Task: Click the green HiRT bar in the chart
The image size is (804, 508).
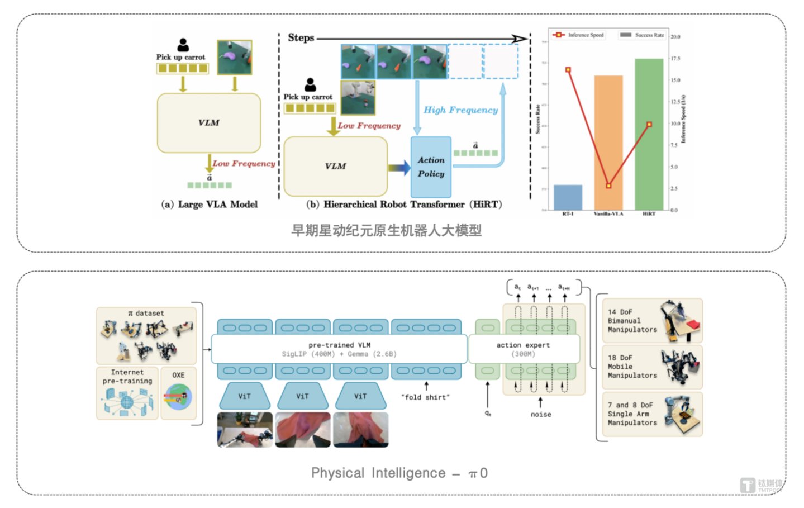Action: (x=649, y=134)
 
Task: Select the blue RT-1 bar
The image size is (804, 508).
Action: (x=568, y=197)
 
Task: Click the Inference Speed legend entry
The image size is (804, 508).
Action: (x=579, y=35)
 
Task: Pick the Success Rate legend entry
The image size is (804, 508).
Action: (x=643, y=35)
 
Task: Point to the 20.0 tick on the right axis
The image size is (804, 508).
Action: (x=675, y=37)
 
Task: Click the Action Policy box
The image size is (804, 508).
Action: (x=431, y=167)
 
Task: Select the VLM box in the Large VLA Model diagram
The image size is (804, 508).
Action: (x=209, y=123)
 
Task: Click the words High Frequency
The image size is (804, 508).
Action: (x=460, y=110)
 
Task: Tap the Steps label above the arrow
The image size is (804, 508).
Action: (x=301, y=38)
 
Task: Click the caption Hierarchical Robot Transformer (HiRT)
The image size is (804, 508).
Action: (x=404, y=205)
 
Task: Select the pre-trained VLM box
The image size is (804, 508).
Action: (x=339, y=349)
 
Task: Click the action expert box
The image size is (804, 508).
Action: (x=524, y=349)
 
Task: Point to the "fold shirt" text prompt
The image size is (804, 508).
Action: (x=425, y=397)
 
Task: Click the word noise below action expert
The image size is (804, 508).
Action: (x=540, y=415)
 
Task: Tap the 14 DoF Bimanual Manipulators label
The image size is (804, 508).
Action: (x=632, y=321)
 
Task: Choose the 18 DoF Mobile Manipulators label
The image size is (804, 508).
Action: (x=632, y=367)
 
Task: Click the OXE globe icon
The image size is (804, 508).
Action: (x=178, y=398)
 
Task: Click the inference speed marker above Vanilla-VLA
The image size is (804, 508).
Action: (x=608, y=186)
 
